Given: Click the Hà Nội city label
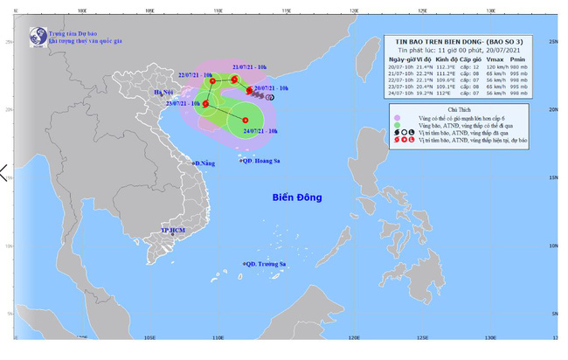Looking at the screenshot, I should click(163, 93).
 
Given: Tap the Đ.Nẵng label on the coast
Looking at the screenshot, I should click(204, 163).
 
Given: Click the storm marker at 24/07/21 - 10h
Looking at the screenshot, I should click(246, 121).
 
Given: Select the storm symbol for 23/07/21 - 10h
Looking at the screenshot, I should click(206, 105).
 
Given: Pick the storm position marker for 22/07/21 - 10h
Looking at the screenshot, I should click(212, 81).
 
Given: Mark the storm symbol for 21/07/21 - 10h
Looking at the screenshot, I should click(234, 80).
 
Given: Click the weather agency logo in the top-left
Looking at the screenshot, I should click(38, 38).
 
